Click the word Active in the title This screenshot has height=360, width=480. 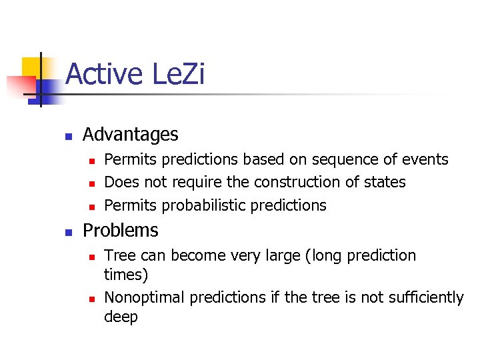(104, 74)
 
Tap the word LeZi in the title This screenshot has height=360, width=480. (178, 74)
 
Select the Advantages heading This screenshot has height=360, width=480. (130, 135)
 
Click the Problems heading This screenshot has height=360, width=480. (120, 231)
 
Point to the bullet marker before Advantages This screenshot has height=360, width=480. (68, 136)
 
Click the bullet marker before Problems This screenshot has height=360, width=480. (68, 232)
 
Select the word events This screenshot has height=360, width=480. (423, 160)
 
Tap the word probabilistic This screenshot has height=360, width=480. (200, 205)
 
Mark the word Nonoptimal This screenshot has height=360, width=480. (145, 297)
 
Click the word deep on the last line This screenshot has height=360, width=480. (121, 317)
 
